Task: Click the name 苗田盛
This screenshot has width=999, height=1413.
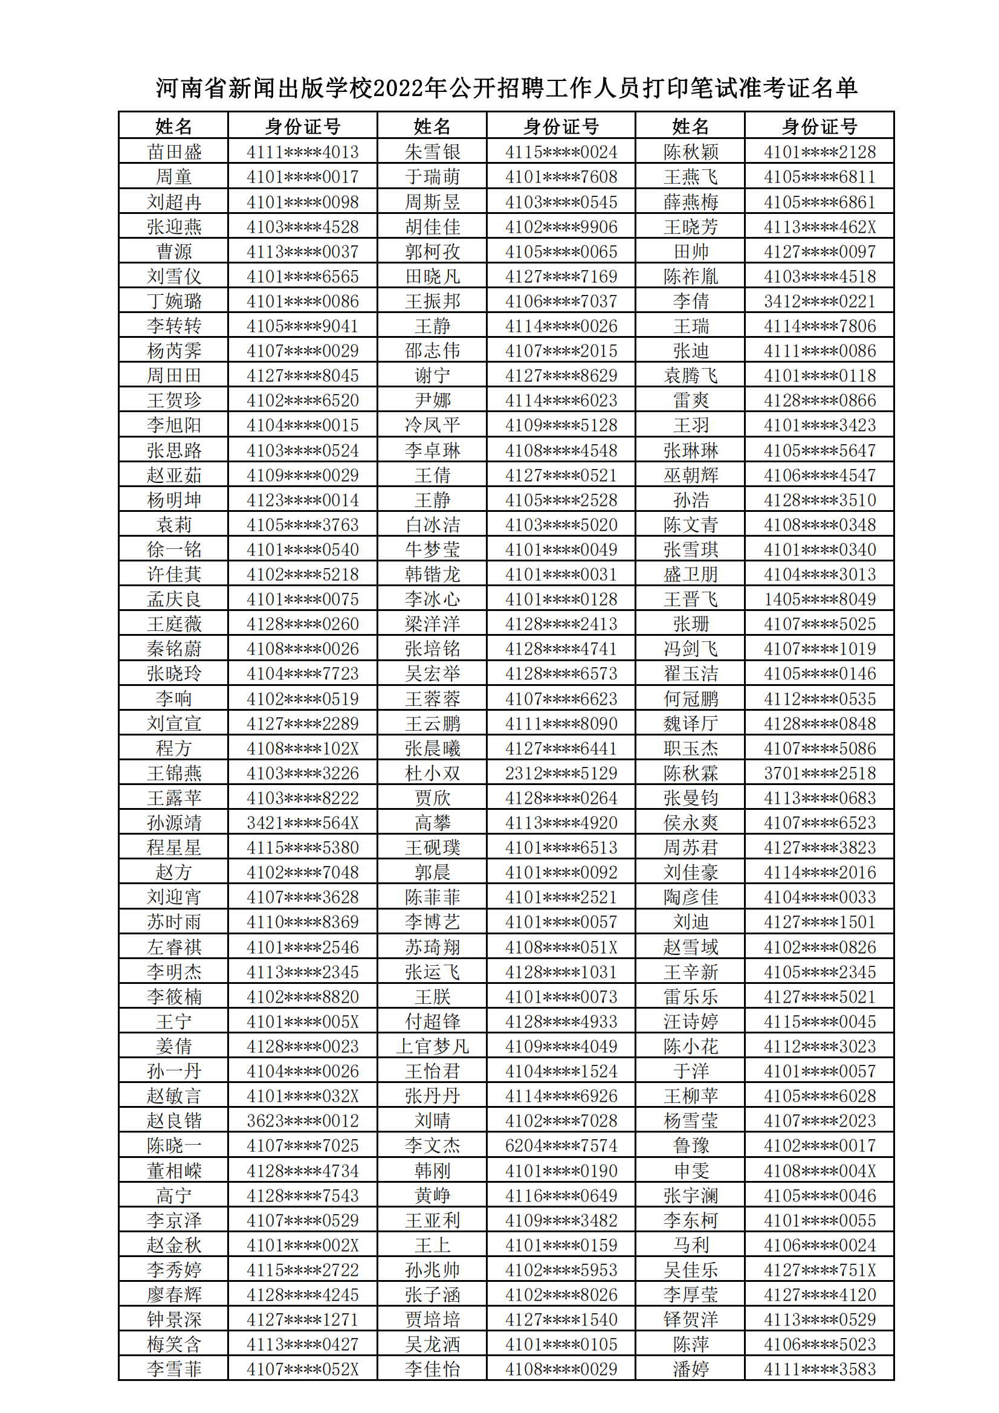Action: click(173, 152)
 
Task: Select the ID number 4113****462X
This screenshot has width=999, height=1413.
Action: click(820, 227)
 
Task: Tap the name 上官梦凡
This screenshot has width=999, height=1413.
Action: click(432, 1046)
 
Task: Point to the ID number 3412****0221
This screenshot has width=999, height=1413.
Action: click(820, 302)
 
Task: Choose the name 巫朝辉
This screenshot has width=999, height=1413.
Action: click(691, 475)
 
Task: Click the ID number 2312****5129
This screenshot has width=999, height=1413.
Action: click(561, 773)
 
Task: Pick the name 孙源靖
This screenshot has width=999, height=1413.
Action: click(173, 823)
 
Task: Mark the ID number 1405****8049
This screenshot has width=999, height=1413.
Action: click(820, 600)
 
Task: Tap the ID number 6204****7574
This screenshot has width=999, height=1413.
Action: click(561, 1145)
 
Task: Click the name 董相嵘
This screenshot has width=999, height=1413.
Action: click(173, 1171)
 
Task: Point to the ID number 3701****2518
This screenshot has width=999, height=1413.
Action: click(820, 773)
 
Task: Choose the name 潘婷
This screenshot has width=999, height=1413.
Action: click(691, 1369)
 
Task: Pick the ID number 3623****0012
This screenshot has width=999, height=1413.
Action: click(302, 1120)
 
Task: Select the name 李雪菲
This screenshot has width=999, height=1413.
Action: click(173, 1369)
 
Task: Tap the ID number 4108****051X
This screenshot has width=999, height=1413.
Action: click(561, 947)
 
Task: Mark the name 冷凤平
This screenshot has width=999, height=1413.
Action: click(432, 425)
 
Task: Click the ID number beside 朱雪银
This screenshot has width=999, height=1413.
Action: click(561, 152)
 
